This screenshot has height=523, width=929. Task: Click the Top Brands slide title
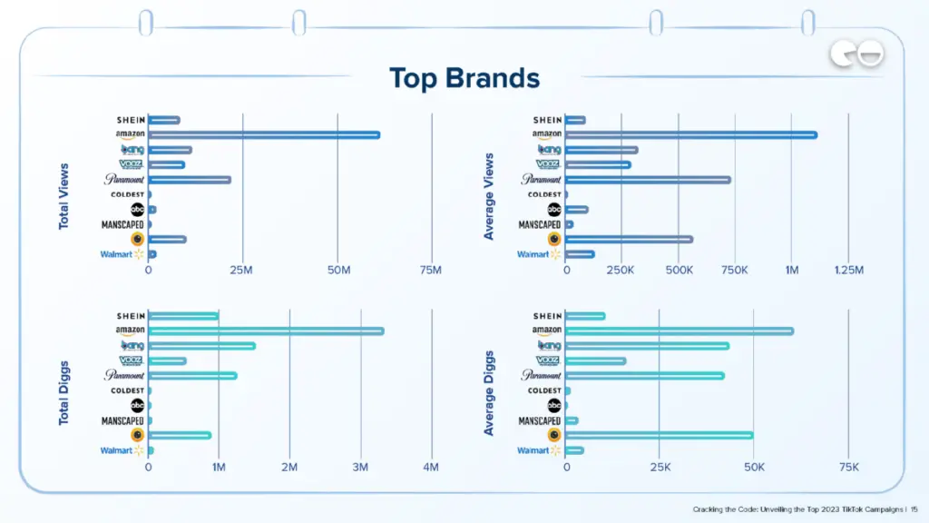tap(464, 78)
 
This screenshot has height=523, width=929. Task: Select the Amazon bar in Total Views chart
tap(264, 135)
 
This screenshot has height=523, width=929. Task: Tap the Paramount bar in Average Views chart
tap(648, 180)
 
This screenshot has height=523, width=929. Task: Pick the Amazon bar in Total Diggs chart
tap(266, 331)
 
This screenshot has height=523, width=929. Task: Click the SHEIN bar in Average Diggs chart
tap(585, 316)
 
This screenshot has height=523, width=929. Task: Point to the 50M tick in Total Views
tap(337, 270)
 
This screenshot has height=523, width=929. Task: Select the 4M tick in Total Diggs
tap(431, 467)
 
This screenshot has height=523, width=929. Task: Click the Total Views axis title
tap(64, 194)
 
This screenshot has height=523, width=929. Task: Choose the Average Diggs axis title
tap(489, 392)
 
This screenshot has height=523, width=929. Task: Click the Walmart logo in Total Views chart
tap(122, 254)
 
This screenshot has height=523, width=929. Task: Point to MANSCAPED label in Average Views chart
tap(540, 224)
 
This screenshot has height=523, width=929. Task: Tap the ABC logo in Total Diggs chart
tap(137, 405)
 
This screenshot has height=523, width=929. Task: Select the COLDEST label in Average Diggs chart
tap(544, 390)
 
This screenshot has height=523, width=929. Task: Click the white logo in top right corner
tap(856, 56)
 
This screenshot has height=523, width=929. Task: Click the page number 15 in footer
tap(914, 509)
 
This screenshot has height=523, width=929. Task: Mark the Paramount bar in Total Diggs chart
tap(192, 376)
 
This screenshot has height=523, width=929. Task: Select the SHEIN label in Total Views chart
tap(131, 120)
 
